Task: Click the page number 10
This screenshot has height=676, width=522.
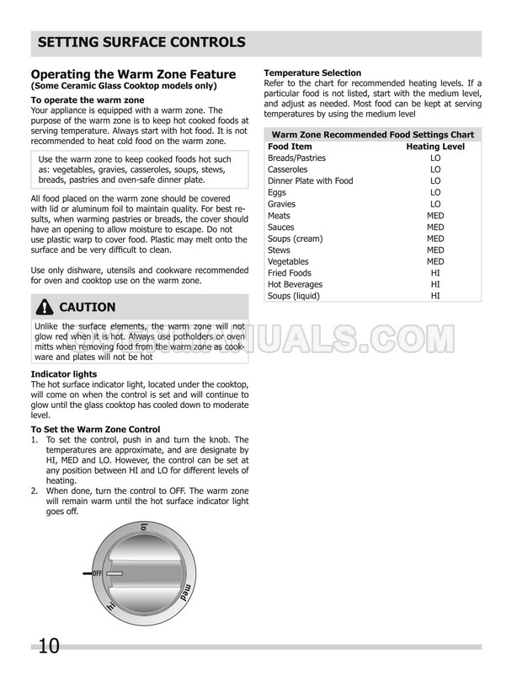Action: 48,646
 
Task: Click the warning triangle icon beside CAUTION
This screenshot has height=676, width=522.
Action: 43,307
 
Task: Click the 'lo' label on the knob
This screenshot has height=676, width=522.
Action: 144,528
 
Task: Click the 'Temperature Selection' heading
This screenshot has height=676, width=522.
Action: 312,73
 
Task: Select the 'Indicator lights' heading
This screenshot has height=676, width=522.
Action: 63,373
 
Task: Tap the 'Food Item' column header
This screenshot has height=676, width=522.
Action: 289,147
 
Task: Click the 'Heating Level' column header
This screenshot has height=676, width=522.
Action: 435,147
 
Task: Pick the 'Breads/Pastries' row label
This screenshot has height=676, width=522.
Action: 296,158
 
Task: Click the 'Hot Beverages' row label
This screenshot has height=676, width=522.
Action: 295,284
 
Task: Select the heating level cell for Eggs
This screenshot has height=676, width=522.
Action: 435,192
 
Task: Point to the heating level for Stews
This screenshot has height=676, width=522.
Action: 435,250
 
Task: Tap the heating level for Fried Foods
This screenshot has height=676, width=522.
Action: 435,273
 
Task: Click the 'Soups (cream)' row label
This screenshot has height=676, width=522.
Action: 295,239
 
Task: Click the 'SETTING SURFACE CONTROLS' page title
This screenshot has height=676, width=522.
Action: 142,41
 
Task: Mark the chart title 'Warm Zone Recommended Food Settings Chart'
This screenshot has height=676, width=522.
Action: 372,135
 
